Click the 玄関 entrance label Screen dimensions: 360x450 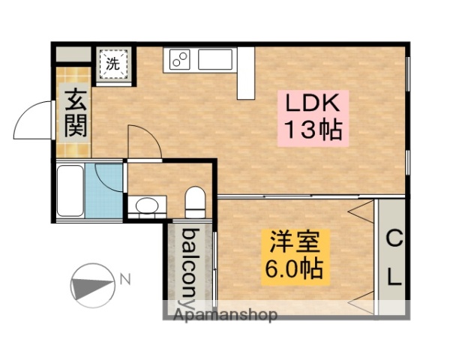[74, 112]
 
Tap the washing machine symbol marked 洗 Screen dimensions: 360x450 [112, 64]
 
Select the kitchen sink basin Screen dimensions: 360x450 [215, 58]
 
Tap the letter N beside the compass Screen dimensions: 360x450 [125, 280]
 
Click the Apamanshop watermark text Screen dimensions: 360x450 [225, 315]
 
